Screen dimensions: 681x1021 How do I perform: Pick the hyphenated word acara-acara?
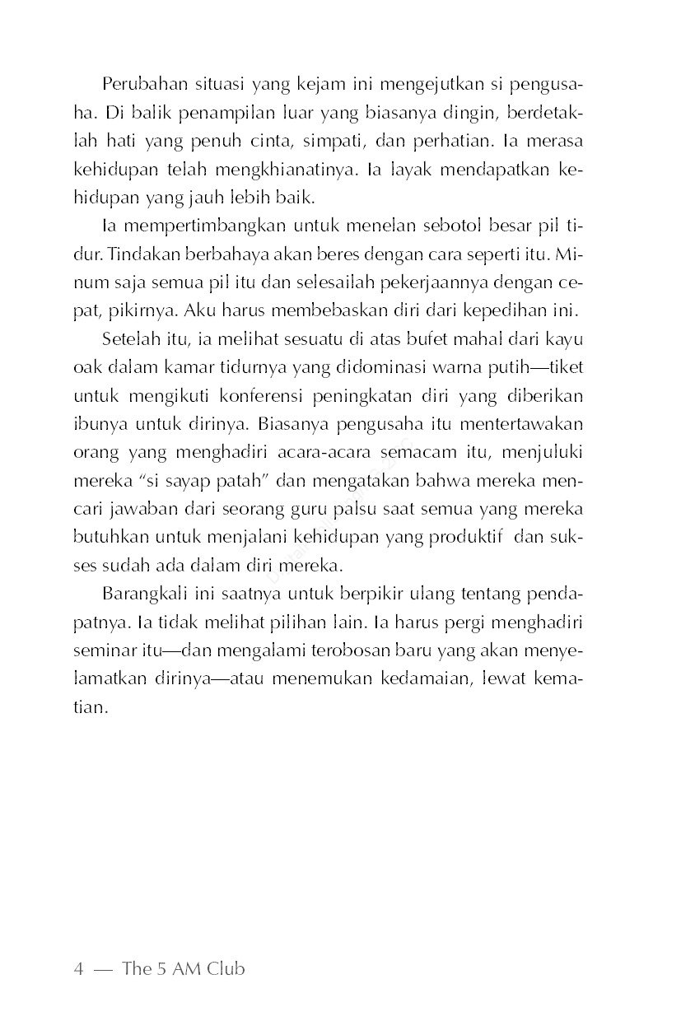click(330, 452)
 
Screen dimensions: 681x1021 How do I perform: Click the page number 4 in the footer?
click(78, 968)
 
